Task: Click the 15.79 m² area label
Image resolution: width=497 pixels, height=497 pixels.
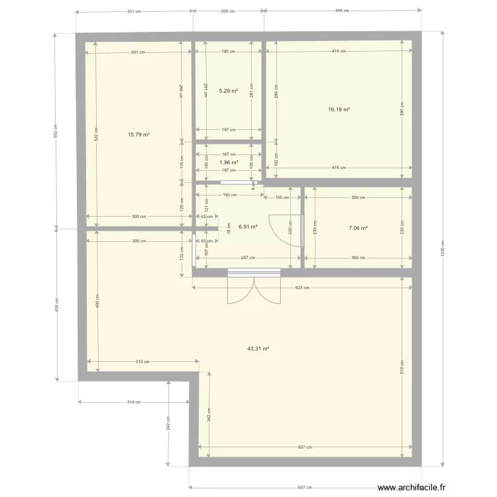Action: point(138,135)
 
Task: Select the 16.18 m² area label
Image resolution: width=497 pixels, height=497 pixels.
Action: point(339,110)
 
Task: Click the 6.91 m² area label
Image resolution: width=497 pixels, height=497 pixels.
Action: point(248,227)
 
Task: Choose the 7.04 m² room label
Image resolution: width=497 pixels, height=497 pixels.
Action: point(358,228)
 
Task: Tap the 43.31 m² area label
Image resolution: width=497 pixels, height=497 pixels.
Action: point(258,348)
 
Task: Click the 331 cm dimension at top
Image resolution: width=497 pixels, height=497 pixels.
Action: point(134,11)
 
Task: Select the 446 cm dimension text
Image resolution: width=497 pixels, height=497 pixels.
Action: point(343,11)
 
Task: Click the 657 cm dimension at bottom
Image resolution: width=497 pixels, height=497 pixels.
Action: point(305,486)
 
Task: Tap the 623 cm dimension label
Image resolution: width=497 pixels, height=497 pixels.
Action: point(302,288)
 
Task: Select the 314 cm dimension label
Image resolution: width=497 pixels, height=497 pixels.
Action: point(135,402)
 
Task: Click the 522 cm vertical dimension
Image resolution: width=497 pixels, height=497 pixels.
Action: point(97,135)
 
